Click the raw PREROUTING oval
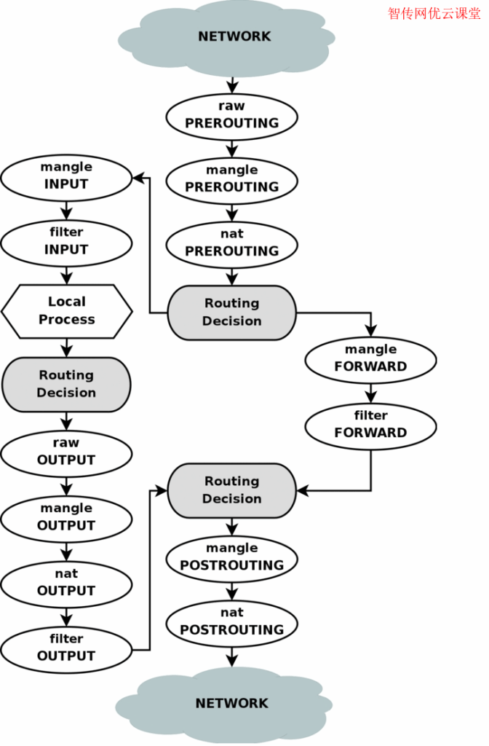(232, 117)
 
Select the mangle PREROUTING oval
(232, 181)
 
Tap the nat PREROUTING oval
(232, 245)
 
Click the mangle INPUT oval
(66, 178)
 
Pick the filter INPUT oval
(66, 243)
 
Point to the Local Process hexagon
(66, 312)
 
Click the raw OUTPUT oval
(66, 454)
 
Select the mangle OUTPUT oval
(66, 519)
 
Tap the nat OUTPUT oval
(66, 585)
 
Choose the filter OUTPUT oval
(66, 650)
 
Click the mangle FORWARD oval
(370, 360)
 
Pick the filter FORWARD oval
(370, 426)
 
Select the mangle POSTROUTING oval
(232, 559)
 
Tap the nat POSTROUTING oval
(232, 624)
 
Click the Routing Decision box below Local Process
(66, 385)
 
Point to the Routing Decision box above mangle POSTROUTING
(232, 490)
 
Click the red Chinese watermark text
(434, 13)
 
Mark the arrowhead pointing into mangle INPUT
(138, 178)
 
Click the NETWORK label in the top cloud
(234, 36)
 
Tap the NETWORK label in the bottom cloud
(232, 703)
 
